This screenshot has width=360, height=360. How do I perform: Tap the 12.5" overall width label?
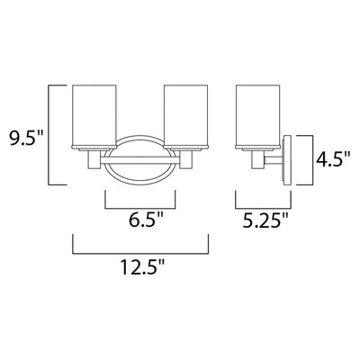pos(143,267)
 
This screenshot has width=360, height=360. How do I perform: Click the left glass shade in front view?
pos(94,115)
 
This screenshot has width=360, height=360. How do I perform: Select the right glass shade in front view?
pos(186,115)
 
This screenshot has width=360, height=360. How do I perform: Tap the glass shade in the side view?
pos(258,115)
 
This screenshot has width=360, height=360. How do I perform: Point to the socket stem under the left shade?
pos(94,159)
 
